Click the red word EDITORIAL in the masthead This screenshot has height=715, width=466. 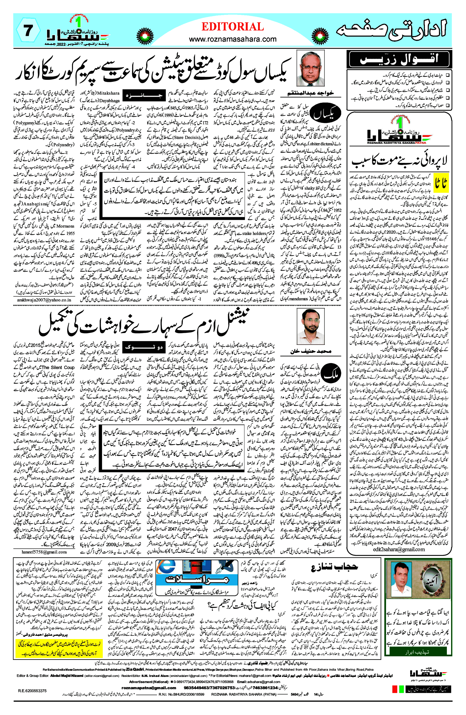[x=232, y=27]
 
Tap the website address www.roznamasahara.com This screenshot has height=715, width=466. [x=232, y=39]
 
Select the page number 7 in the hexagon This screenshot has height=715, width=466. [x=28, y=31]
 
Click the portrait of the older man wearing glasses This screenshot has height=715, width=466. [x=311, y=68]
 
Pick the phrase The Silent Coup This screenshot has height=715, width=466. [x=58, y=368]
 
